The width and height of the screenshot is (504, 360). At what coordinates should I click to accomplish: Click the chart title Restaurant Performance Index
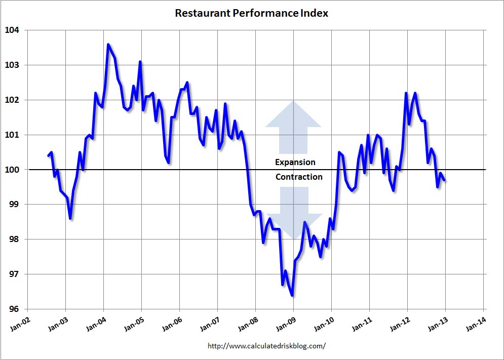tap(251, 13)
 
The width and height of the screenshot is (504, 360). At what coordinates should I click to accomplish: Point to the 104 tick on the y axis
tap(12, 30)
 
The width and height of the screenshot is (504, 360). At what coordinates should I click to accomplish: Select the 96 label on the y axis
tap(14, 309)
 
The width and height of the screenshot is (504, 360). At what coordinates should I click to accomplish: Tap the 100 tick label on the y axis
tap(12, 170)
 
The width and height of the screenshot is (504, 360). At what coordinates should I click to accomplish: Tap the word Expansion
tap(295, 162)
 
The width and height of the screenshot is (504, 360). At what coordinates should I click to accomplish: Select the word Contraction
tap(299, 177)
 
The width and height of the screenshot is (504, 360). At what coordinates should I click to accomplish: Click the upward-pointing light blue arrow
tap(293, 127)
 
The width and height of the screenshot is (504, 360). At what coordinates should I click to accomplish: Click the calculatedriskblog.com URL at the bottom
tap(266, 346)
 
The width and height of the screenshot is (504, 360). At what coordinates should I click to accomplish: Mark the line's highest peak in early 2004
tap(108, 45)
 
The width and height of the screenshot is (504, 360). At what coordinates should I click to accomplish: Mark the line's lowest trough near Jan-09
tap(292, 295)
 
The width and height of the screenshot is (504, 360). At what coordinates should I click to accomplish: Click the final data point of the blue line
tap(444, 180)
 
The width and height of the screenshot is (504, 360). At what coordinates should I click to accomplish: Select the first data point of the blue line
tap(48, 155)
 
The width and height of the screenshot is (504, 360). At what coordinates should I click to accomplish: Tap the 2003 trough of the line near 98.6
tap(70, 218)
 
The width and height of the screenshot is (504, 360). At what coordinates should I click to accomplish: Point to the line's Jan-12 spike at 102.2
tap(406, 93)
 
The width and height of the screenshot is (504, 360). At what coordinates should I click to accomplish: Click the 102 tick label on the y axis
tap(12, 100)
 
